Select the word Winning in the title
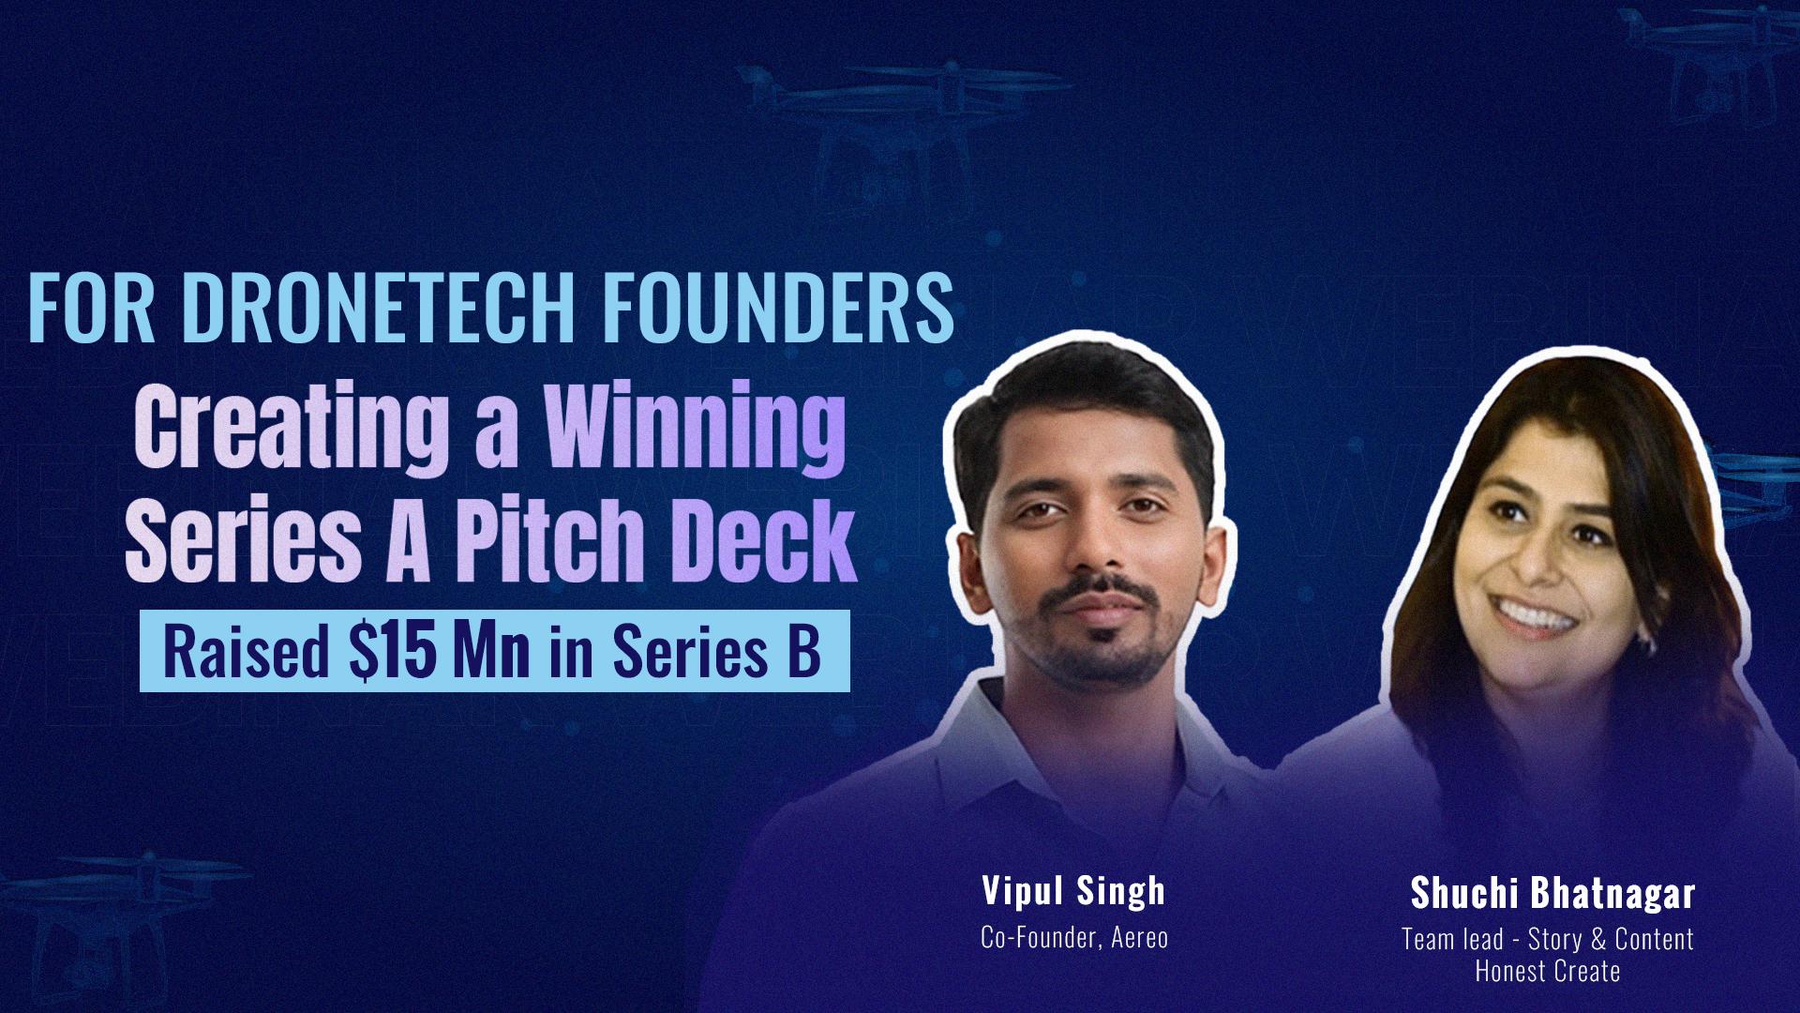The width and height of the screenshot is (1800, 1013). pos(695,430)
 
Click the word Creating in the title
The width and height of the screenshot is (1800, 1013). pos(291,430)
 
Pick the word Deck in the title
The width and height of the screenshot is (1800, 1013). pos(763,535)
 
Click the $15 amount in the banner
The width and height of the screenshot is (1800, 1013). pos(393,652)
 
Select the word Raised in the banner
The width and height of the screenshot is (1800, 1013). pos(247,653)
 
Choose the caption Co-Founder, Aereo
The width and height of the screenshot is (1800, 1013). pos(1074,937)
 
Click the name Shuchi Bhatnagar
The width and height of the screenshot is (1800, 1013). pos(1552,894)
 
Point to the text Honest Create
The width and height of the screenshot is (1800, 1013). pos(1548,971)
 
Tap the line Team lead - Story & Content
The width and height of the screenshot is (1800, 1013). pos(1548,939)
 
